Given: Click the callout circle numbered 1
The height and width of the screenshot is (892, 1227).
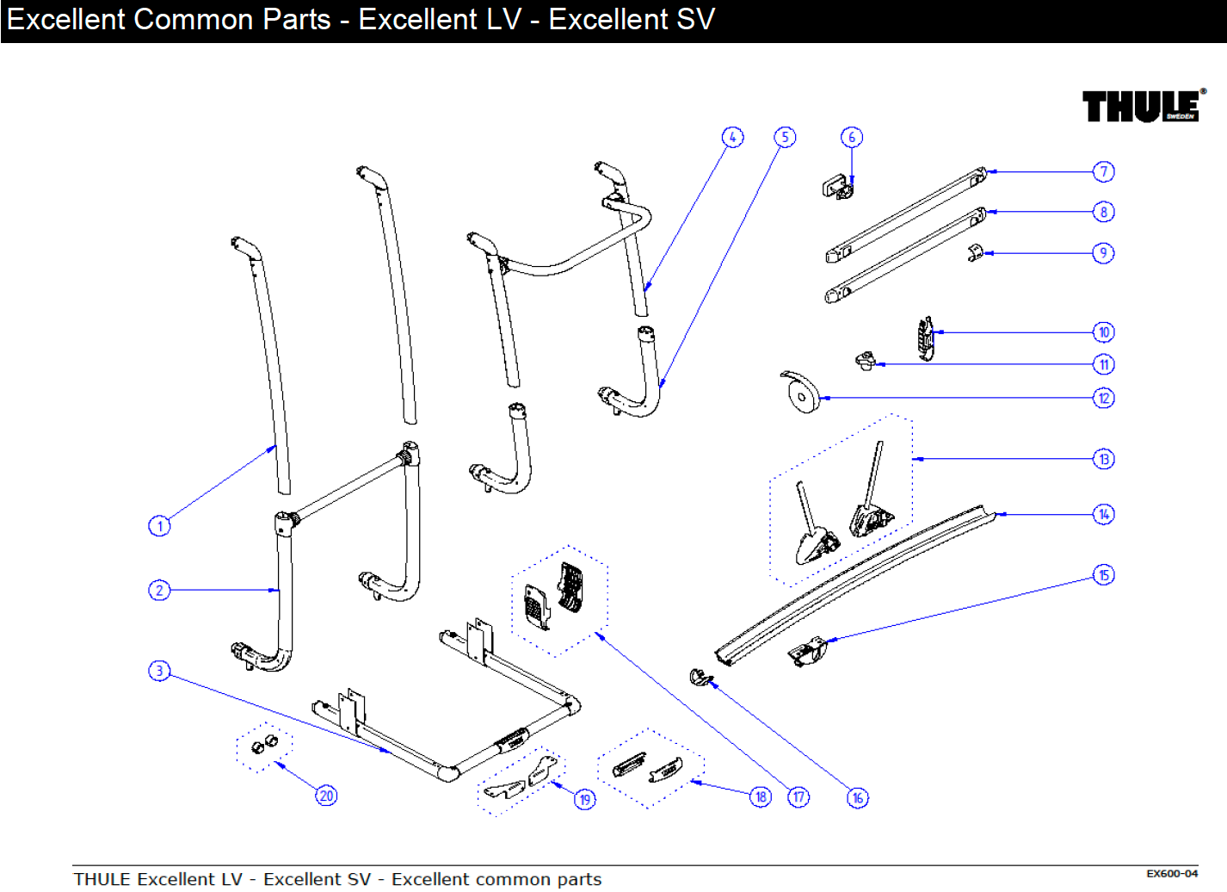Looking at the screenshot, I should pyautogui.click(x=159, y=526).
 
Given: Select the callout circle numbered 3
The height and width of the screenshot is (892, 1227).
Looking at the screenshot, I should pyautogui.click(x=159, y=671).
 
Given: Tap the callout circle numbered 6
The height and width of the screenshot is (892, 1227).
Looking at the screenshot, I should pyautogui.click(x=851, y=138).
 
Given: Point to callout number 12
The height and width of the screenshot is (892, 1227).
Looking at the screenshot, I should pyautogui.click(x=1103, y=399).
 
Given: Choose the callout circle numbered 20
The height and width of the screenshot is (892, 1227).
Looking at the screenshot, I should pyautogui.click(x=326, y=796).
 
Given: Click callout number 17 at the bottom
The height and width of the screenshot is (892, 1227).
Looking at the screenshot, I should pyautogui.click(x=798, y=797).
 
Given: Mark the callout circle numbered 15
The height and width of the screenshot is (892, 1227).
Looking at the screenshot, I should pyautogui.click(x=1103, y=575).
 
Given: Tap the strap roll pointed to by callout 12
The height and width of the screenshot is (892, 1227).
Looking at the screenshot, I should pyautogui.click(x=800, y=394).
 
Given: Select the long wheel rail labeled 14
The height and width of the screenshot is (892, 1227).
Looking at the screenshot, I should pyautogui.click(x=852, y=585).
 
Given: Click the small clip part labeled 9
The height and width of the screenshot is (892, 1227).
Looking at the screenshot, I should pyautogui.click(x=975, y=252).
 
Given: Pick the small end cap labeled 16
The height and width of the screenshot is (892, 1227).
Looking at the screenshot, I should pyautogui.click(x=700, y=678).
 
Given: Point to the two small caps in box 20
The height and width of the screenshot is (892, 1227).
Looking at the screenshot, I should pyautogui.click(x=264, y=745).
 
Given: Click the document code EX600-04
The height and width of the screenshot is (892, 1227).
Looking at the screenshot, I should pyautogui.click(x=1171, y=874).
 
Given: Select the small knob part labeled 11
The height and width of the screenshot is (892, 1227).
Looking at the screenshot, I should pyautogui.click(x=865, y=361).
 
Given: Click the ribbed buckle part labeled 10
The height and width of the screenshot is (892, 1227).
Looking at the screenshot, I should pyautogui.click(x=925, y=339).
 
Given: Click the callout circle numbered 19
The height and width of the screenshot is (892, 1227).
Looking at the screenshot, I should pyautogui.click(x=585, y=800).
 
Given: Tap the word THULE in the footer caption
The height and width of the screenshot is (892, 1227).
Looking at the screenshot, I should pyautogui.click(x=102, y=879).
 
